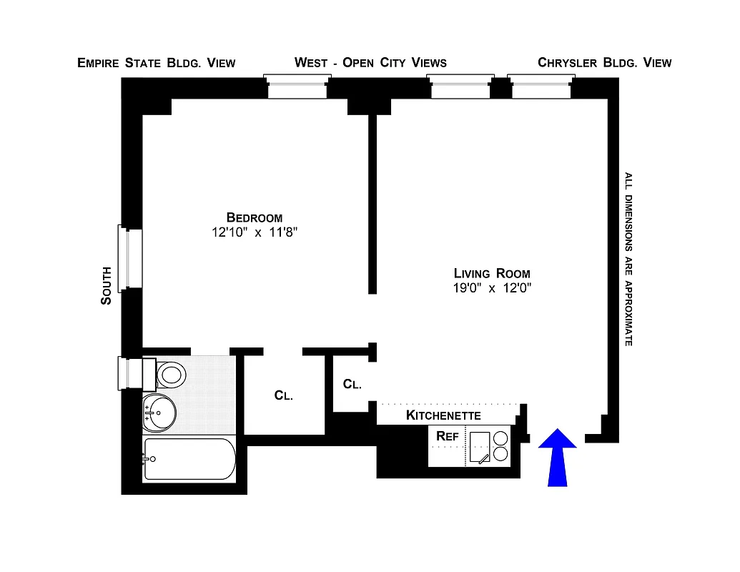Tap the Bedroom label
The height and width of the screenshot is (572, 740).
point(254,217)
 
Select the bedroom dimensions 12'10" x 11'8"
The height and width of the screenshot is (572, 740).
point(255,232)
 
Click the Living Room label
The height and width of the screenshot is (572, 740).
point(492,273)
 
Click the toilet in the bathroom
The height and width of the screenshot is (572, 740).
point(170,373)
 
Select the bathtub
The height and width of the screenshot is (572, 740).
point(189,459)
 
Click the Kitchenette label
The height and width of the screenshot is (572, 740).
point(443,415)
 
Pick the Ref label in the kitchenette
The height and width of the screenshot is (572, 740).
point(447,435)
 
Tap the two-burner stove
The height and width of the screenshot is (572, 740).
point(500,446)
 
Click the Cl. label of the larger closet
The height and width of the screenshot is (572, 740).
point(283,395)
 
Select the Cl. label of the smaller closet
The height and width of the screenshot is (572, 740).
point(352,384)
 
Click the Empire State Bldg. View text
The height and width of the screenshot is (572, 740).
point(156,63)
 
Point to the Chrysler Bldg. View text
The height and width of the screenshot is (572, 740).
point(604,63)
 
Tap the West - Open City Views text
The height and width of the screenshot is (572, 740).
point(370,63)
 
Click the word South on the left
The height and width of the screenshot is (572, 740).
point(106,286)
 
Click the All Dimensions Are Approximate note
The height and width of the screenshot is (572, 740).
point(628,260)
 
